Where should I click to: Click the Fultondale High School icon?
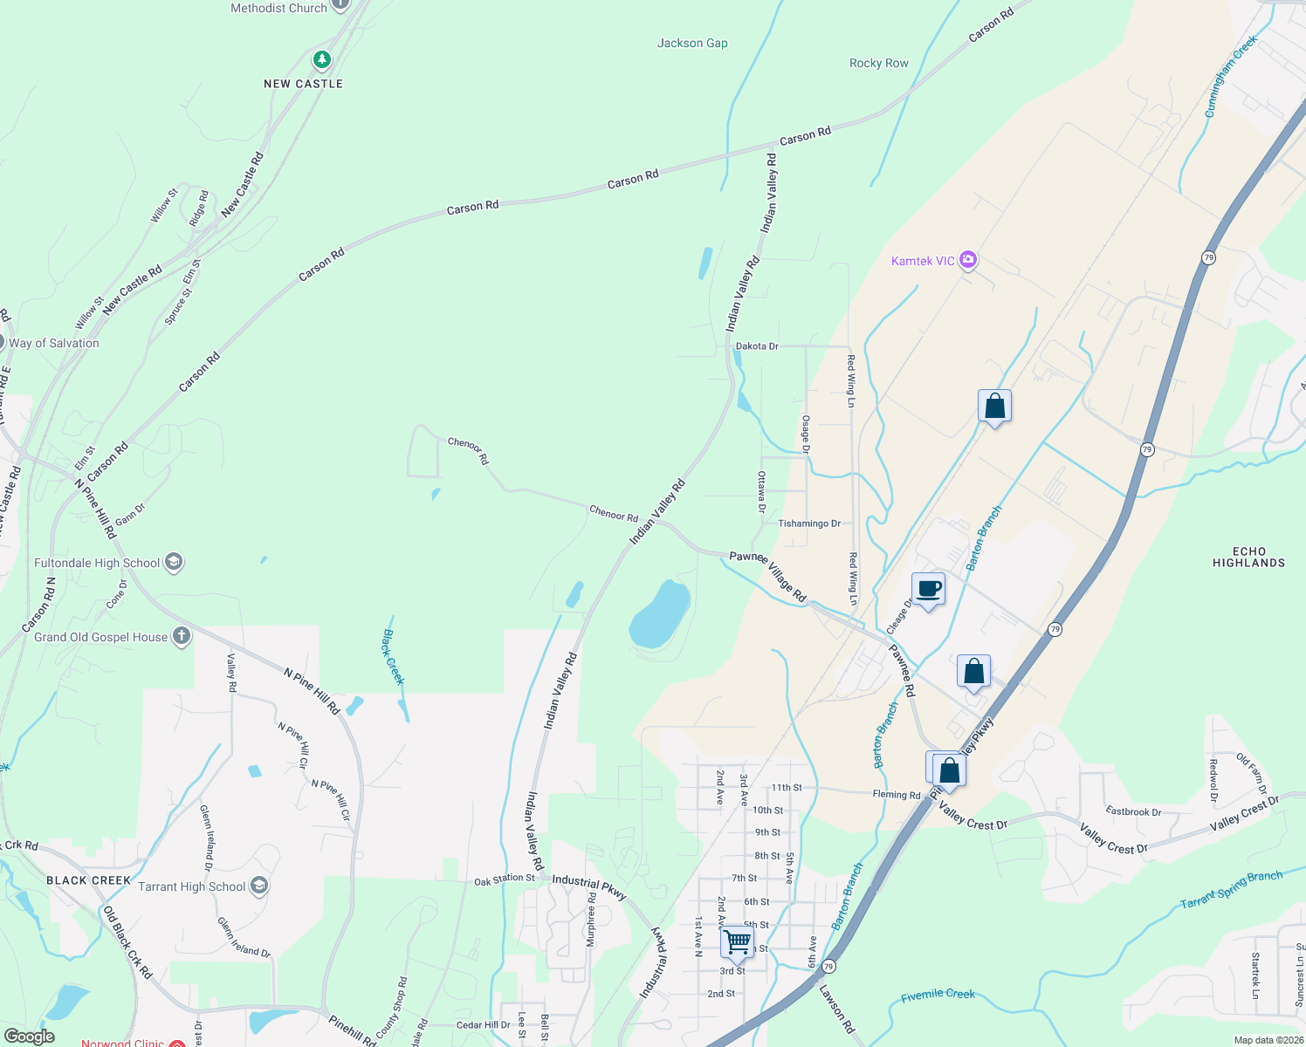(174, 562)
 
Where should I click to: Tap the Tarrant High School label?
(192, 886)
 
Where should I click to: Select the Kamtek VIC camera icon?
(967, 260)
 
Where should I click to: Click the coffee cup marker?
(928, 589)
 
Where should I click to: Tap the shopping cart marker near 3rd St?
(738, 942)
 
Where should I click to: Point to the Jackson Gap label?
(692, 43)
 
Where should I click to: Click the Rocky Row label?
(878, 63)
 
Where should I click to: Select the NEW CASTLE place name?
(303, 84)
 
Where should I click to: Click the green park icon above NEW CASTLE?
(322, 59)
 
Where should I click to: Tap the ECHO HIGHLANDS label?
(1248, 557)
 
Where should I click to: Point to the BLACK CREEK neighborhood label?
(88, 880)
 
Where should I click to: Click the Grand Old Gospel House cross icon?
(182, 636)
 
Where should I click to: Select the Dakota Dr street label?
(757, 346)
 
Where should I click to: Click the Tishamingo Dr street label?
(809, 523)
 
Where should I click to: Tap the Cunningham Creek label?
(1231, 76)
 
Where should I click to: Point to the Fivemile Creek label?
(938, 995)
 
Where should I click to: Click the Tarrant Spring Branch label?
(1231, 889)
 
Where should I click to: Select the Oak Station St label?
(505, 879)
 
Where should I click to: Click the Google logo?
(30, 1037)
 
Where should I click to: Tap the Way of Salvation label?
(54, 343)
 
